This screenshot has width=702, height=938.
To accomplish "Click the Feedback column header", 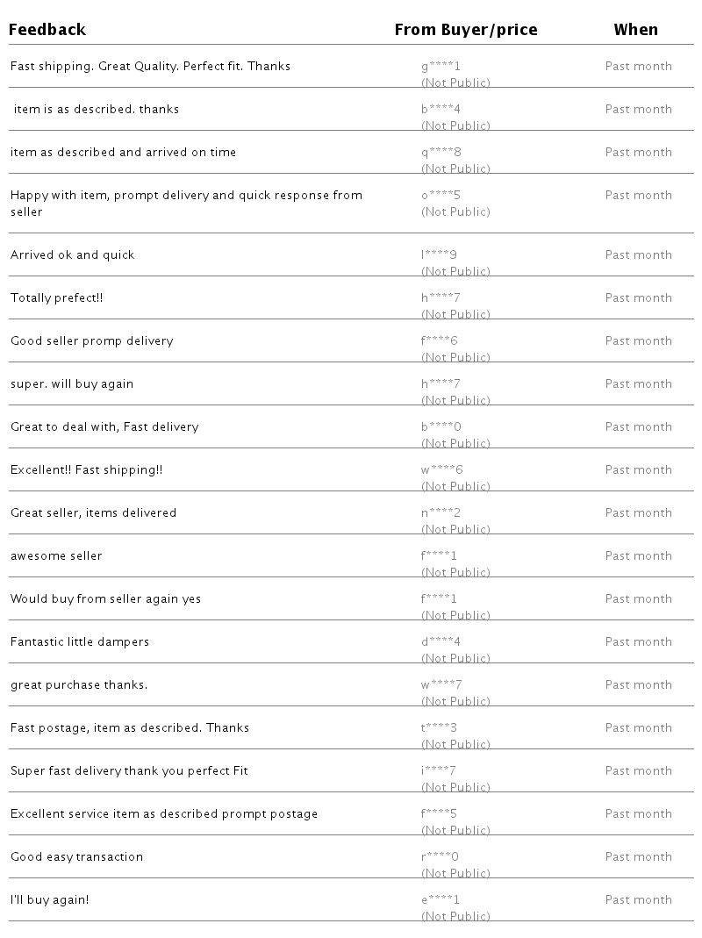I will (47, 30).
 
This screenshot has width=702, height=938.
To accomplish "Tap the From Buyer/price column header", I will (466, 30).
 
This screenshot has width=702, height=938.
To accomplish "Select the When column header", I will (635, 30).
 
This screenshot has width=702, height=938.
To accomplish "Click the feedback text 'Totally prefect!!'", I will (57, 298).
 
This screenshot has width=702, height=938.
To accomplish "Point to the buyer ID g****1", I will (441, 67).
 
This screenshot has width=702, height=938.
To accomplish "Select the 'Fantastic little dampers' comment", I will (80, 642).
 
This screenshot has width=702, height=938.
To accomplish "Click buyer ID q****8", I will (441, 153).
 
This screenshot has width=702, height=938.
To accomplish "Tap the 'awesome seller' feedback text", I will (56, 556).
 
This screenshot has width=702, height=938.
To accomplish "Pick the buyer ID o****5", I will (441, 196).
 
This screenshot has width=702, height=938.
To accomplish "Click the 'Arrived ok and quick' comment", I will (73, 255).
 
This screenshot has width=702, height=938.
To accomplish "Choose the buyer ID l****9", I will (439, 255).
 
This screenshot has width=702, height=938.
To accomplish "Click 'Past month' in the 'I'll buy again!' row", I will (638, 900).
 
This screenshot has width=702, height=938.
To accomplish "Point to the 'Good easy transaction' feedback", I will (76, 857).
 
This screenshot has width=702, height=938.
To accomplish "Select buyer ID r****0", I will (440, 857).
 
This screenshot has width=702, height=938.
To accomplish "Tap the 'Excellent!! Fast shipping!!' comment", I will (87, 470).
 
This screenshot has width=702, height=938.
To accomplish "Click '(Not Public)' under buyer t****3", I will (455, 745).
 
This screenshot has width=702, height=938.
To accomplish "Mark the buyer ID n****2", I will (441, 513).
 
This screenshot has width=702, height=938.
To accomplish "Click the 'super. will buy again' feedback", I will (72, 384).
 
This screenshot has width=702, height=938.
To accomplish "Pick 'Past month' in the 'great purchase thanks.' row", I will (638, 685).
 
